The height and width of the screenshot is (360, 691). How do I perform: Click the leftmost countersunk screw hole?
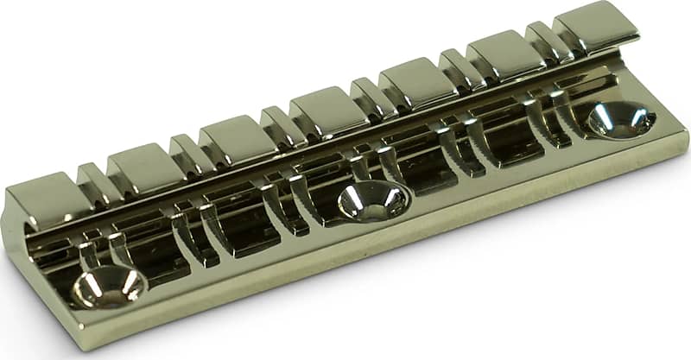pyautogui.click(x=108, y=286)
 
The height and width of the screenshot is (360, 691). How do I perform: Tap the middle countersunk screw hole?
pyautogui.click(x=372, y=201)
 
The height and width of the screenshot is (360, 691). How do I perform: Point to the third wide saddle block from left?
pyautogui.click(x=231, y=136)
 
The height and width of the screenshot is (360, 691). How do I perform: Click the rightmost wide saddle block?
pyautogui.click(x=594, y=27)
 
